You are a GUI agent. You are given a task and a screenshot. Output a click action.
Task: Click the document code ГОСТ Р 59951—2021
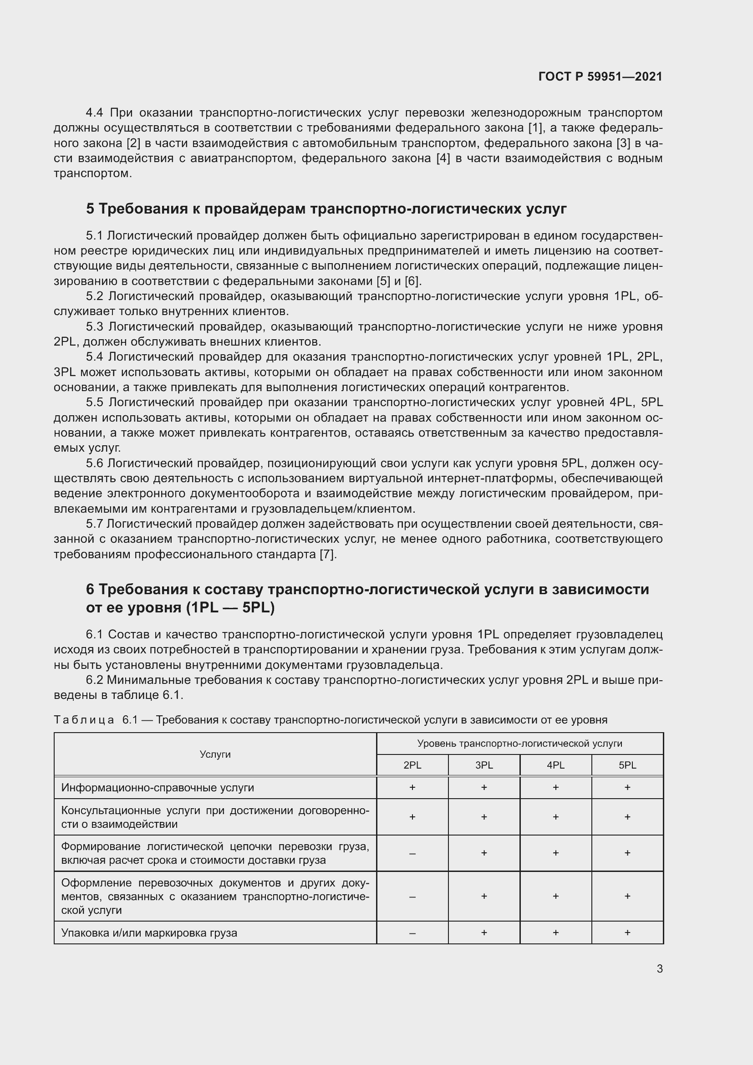click(x=600, y=76)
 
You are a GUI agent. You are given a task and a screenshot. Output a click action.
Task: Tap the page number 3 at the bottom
click(x=659, y=968)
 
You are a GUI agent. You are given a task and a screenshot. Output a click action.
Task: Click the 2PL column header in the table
click(x=412, y=765)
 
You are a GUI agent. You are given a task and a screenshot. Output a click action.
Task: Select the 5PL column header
click(x=627, y=765)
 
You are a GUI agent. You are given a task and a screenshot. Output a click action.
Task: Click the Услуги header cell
click(x=215, y=754)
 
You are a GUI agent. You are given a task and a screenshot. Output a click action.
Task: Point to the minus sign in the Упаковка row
click(x=412, y=933)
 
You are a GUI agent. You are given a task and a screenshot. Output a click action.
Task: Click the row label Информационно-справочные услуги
click(x=158, y=788)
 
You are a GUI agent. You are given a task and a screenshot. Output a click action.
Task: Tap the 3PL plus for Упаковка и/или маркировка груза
click(x=483, y=933)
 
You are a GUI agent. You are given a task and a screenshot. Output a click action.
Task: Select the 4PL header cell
click(x=555, y=765)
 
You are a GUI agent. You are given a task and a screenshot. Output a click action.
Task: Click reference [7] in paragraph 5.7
click(x=327, y=555)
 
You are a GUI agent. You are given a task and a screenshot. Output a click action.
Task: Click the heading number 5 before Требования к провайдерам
click(x=90, y=209)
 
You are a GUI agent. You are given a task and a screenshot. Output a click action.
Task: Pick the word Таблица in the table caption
click(x=84, y=720)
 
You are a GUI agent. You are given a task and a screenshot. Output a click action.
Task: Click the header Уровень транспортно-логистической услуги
click(x=519, y=744)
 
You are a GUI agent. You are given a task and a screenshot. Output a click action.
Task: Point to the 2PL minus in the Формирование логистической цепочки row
click(x=412, y=853)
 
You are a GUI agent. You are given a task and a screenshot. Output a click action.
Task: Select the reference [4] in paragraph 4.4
click(x=443, y=158)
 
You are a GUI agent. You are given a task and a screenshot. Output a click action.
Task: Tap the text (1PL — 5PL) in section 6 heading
click(x=230, y=608)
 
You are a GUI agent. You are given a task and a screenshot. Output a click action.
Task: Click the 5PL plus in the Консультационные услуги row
click(x=627, y=817)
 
